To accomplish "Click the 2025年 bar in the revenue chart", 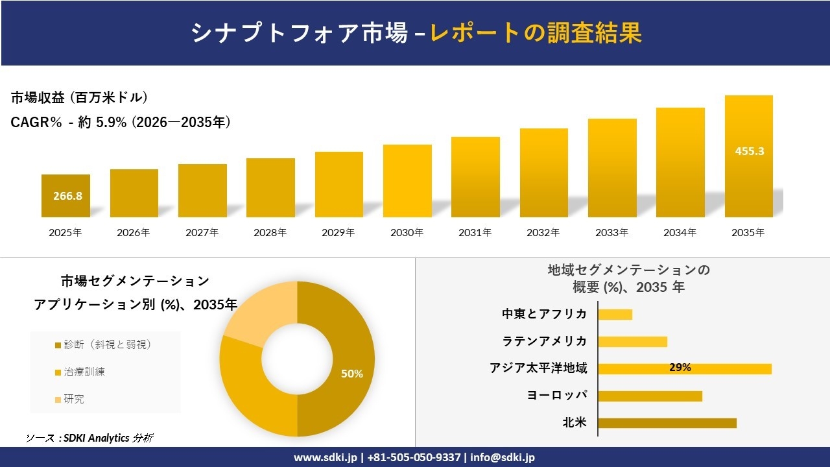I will (65, 196).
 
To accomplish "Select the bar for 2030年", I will (407, 181).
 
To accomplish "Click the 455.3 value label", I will (749, 151).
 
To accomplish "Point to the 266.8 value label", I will (67, 196).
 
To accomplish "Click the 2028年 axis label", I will (270, 232).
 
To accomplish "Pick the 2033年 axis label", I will (612, 232).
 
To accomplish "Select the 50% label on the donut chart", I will (351, 374).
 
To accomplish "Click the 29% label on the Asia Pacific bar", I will (680, 368).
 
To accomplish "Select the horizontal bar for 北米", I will (667, 423).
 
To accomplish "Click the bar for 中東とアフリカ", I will (615, 314).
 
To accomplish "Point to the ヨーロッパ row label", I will (557, 396).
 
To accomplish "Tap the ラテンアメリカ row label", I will (545, 341).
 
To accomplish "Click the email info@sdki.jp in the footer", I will (503, 457).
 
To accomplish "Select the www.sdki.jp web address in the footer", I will (326, 457).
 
